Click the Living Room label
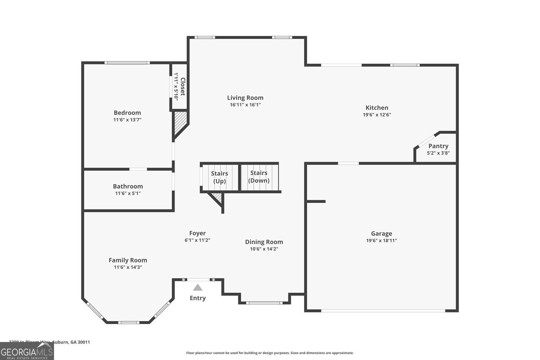[x=245, y=98]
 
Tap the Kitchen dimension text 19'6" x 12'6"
[x=377, y=115]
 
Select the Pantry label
[x=438, y=146]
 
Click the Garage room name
[x=381, y=233]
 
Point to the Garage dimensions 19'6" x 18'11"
[x=381, y=240]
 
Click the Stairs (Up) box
[x=220, y=177]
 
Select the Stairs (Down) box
[x=259, y=177]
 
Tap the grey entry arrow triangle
[x=198, y=287]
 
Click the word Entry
[x=198, y=298]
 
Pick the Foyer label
[x=197, y=233]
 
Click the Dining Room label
[x=264, y=242]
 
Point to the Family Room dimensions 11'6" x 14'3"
[x=128, y=267]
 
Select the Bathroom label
[x=128, y=186]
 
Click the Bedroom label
[x=127, y=113]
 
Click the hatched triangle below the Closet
[x=180, y=122]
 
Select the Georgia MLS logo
[x=27, y=351]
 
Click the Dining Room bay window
[x=264, y=303]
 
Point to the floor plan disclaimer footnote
[x=270, y=353]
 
